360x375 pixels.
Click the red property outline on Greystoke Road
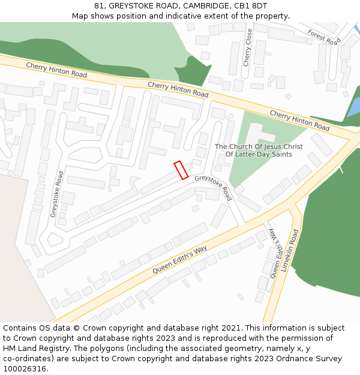(181, 170)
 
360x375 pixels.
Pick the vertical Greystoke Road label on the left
(56, 194)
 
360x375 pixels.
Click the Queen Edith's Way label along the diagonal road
(179, 259)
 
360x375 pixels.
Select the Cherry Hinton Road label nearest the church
(299, 121)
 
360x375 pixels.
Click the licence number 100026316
(25, 369)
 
